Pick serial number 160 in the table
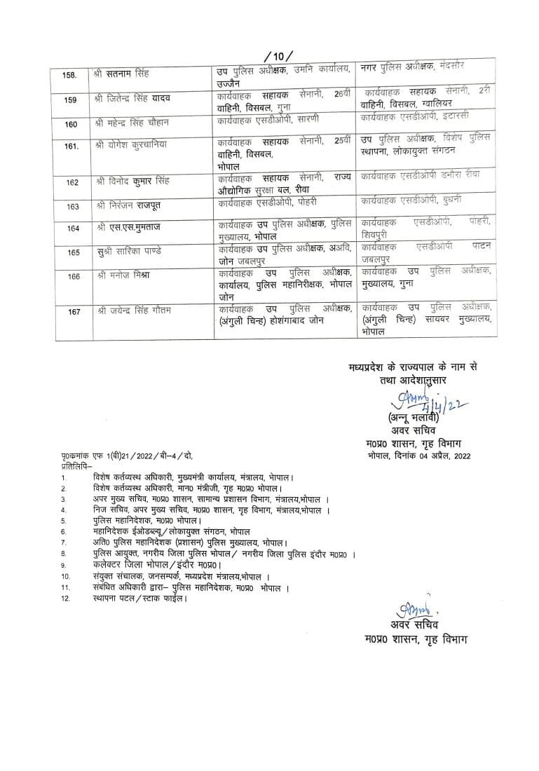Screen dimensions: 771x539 (70, 124)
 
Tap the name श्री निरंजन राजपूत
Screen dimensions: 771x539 (128, 206)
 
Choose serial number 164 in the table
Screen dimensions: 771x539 (73, 228)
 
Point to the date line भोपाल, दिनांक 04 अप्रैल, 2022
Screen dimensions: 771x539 (419, 456)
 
